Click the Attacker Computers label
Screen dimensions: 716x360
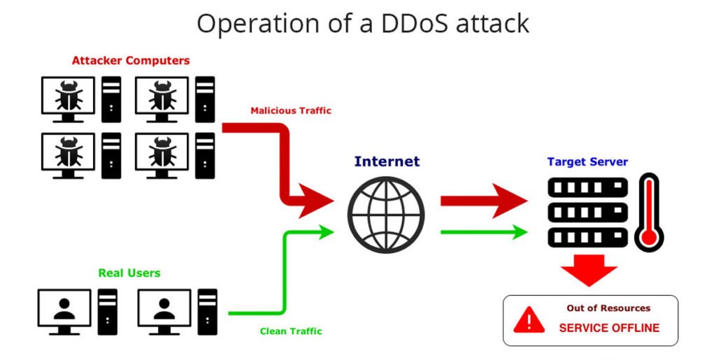tap(131, 60)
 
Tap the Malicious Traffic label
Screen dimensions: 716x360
tap(291, 110)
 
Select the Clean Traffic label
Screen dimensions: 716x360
tap(291, 331)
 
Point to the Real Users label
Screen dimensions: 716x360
tap(129, 273)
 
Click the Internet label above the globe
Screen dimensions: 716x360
tap(387, 161)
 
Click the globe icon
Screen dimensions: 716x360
tap(386, 215)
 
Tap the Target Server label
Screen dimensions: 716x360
tap(587, 161)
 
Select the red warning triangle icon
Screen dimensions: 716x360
tap(529, 320)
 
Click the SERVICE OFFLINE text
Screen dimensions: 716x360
tap(609, 328)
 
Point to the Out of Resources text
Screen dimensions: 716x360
tap(608, 308)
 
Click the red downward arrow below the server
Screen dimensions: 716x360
tap(589, 270)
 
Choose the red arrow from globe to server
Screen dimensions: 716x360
tap(484, 201)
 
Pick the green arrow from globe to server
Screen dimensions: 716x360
tap(484, 232)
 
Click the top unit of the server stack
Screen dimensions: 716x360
tap(587, 187)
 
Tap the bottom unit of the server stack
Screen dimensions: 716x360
tap(587, 238)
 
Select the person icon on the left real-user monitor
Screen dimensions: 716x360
tap(64, 309)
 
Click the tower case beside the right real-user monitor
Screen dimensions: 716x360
tap(208, 312)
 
